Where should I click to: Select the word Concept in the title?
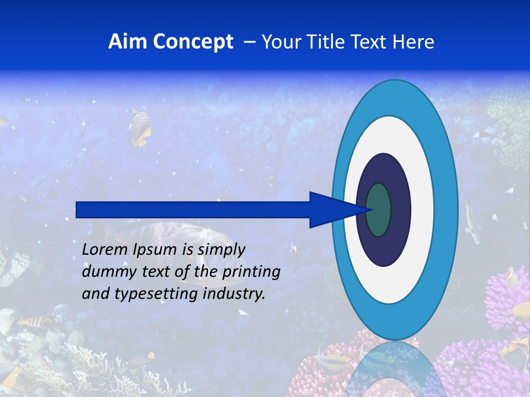tap(193, 42)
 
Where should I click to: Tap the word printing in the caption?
tap(251, 272)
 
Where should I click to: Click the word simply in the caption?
tap(221, 250)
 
